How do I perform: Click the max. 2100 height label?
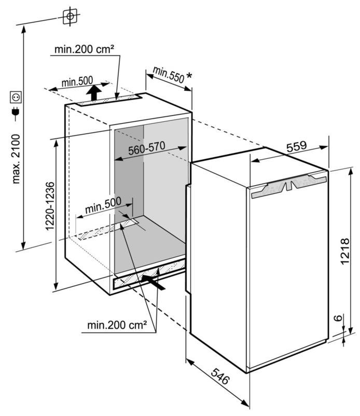tap(16, 159)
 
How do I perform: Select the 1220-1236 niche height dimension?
tap(50, 206)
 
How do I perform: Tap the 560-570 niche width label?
tap(147, 148)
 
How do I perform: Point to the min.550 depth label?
tap(168, 75)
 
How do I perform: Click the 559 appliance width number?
tap(297, 146)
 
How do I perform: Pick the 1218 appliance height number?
tap(345, 251)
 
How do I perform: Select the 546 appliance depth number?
tap(220, 377)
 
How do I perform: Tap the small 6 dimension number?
tap(338, 317)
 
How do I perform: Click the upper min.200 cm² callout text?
tap(85, 49)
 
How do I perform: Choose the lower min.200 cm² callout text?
tap(117, 325)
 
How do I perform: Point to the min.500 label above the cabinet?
tap(77, 81)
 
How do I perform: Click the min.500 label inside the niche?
tap(103, 205)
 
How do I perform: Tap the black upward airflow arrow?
tap(94, 93)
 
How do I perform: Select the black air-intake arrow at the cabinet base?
tap(154, 282)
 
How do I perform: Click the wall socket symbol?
tap(16, 97)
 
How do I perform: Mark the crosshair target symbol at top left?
tap(70, 17)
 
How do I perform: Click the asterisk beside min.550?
tap(189, 75)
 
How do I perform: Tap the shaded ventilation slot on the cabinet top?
tap(109, 100)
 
